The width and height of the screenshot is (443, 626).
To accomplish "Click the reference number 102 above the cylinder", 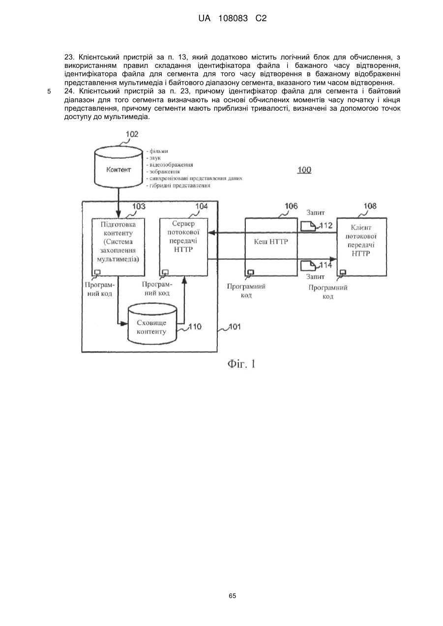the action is (x=132, y=134).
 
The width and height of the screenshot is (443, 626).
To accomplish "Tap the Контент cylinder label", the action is (x=118, y=170).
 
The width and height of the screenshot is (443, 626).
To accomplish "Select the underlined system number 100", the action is (x=304, y=170).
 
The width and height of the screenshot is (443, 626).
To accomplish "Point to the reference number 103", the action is (x=139, y=206).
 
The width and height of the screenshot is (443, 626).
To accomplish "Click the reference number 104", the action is (x=202, y=206).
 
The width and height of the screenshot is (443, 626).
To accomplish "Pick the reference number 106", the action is (x=291, y=206).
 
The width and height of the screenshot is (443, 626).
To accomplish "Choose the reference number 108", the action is (x=370, y=206).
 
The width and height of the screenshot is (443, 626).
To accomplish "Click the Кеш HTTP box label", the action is (x=271, y=241).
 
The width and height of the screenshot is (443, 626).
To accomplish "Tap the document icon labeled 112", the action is (x=308, y=226).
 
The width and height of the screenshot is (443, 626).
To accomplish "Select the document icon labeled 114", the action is (x=308, y=266).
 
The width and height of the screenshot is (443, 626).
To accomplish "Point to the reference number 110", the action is (x=195, y=327).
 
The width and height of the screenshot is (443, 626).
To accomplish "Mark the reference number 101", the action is (x=235, y=327).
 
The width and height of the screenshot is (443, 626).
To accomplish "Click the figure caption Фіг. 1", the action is (x=241, y=364).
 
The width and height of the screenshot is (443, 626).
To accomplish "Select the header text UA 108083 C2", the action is (x=233, y=19).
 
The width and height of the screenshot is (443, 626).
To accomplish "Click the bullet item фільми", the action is (x=157, y=151).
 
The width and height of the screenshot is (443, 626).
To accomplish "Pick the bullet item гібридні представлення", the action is (x=178, y=185).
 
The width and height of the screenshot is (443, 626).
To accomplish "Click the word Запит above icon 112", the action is (x=316, y=212).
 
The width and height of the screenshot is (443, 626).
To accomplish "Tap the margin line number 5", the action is (x=49, y=91).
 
